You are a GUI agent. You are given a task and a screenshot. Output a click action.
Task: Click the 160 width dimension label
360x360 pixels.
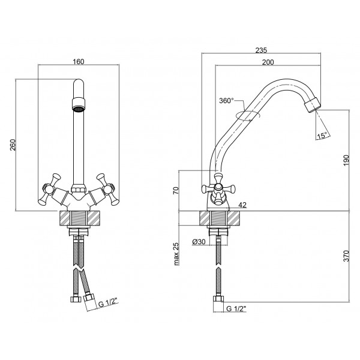[79, 62]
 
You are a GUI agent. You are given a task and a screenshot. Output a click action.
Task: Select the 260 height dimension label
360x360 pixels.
[13, 145]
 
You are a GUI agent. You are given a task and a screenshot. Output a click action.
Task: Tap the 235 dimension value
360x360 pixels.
[261, 50]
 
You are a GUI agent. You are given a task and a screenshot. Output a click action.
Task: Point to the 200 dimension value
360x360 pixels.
[268, 62]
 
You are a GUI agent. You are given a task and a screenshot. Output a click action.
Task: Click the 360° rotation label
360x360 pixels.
[226, 101]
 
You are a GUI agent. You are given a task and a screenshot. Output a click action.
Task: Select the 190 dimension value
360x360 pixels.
[346, 160]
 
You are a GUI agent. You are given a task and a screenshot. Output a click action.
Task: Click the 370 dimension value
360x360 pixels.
[346, 256]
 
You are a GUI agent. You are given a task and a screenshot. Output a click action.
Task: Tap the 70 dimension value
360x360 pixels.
[176, 191]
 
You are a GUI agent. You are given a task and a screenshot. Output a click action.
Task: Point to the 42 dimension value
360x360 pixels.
[242, 205]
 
